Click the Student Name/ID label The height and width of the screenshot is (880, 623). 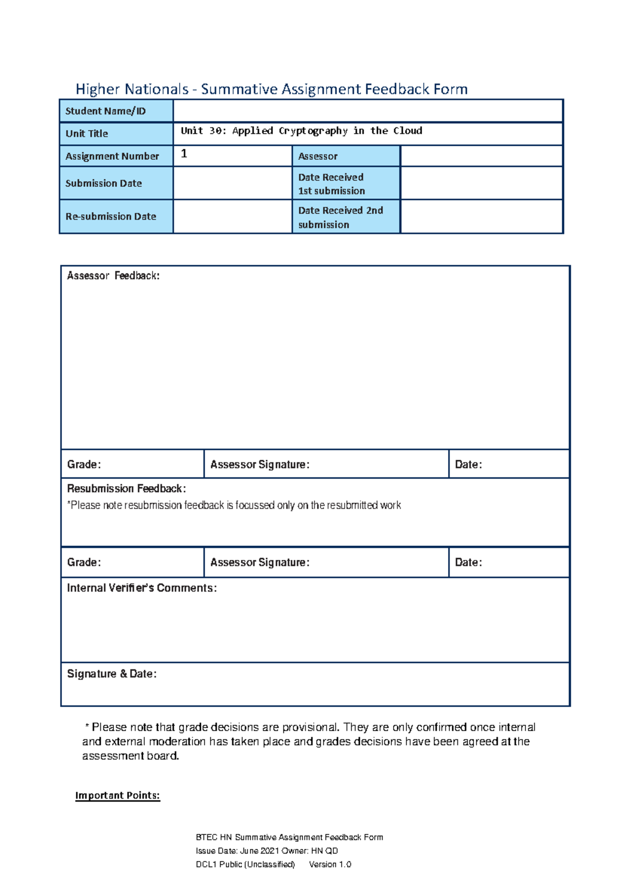pos(105,111)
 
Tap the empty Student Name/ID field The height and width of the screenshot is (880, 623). pos(368,111)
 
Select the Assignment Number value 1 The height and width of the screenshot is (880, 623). pos(184,154)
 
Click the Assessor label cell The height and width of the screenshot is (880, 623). pos(318,156)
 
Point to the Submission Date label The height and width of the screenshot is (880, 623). pos(103,183)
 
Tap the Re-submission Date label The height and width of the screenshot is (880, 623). pos(111,216)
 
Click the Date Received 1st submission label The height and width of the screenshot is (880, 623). pos(331,184)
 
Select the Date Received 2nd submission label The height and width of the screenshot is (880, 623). pos(340,217)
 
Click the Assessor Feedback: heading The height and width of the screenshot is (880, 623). pos(113,276)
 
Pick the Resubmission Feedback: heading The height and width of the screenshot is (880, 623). pos(126,489)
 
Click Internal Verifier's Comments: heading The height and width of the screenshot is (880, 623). pos(142,588)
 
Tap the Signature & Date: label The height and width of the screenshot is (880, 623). pos(112,673)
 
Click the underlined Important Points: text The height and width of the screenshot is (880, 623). pos(117,795)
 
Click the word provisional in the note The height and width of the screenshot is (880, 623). pos(309,727)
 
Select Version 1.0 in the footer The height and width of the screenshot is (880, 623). pos(330,864)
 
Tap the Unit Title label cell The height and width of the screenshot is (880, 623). pos(87,133)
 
